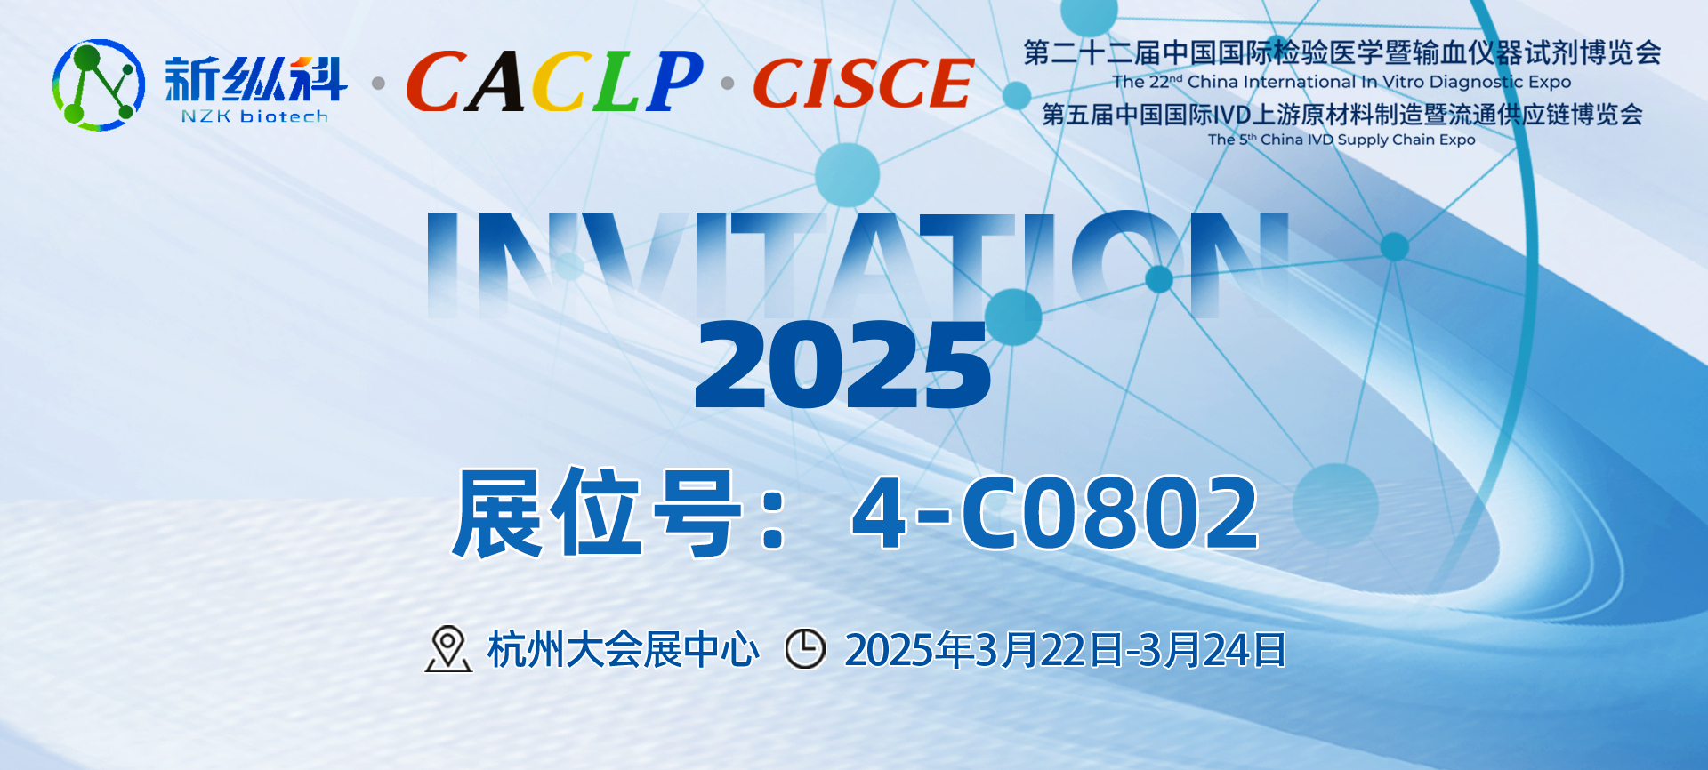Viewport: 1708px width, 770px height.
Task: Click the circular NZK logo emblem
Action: (x=98, y=84)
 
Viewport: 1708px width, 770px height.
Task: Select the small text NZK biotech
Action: (x=254, y=116)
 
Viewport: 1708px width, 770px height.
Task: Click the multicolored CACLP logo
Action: (x=554, y=81)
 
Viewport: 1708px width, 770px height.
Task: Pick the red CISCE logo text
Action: (x=864, y=83)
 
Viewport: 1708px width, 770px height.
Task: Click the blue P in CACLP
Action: (x=674, y=81)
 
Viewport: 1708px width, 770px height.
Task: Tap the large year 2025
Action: (x=842, y=365)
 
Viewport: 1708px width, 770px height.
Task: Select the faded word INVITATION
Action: (x=858, y=265)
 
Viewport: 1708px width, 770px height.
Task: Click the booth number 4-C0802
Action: (x=1055, y=513)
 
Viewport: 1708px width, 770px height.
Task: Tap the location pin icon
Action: (x=447, y=649)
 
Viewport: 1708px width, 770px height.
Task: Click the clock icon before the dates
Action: (x=805, y=649)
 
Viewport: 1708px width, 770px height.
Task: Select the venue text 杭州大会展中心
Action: (x=623, y=650)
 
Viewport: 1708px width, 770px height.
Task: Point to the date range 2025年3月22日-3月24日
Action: (x=1065, y=650)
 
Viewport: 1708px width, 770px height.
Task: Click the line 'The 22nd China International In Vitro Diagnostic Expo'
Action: (x=1341, y=82)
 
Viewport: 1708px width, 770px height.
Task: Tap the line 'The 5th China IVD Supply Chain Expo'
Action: (x=1341, y=140)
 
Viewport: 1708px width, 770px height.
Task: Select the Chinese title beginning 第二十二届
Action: (x=1342, y=52)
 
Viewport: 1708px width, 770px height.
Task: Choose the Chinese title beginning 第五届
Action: (x=1342, y=115)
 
